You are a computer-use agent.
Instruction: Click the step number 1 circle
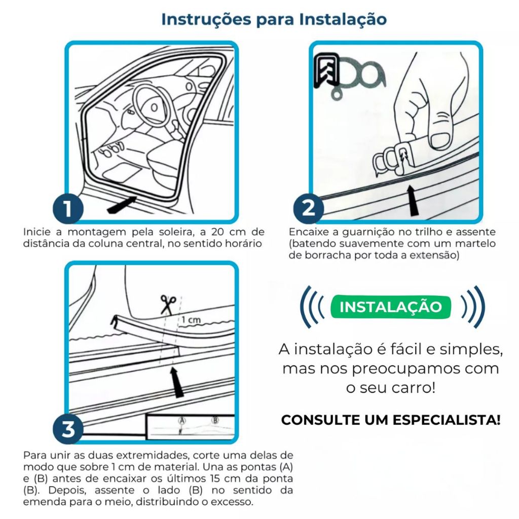pos(68,209)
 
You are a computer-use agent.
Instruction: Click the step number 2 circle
pos(309,208)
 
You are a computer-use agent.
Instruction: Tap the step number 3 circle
pos(68,429)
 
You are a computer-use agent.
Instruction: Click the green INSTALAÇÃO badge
pos(391,307)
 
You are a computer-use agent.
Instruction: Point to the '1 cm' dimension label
pos(191,320)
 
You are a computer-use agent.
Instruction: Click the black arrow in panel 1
pos(122,205)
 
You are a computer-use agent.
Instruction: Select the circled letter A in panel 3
pos(182,421)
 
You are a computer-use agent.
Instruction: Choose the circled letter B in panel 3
pos(215,420)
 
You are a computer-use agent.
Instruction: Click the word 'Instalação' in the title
pos(343,19)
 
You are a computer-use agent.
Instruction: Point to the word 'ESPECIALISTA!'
pos(446,420)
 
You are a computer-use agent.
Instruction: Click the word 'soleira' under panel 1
pos(172,232)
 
